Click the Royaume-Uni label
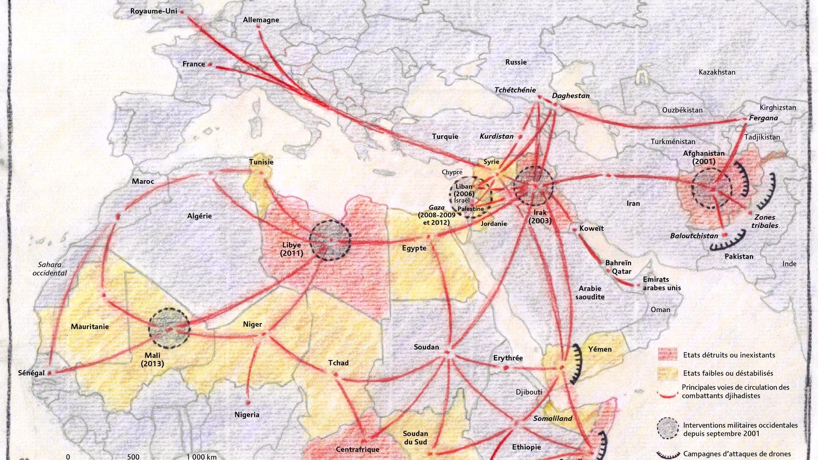tap(153, 11)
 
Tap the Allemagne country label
tap(261, 20)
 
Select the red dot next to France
tap(210, 64)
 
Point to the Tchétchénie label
tap(515, 90)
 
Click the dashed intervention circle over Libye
tap(330, 240)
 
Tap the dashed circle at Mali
tap(169, 328)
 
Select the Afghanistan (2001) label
tap(703, 157)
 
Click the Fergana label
tap(763, 118)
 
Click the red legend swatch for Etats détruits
tap(667, 355)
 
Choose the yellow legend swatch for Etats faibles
tap(667, 373)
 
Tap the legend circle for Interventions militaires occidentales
tap(668, 428)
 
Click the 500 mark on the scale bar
tap(133, 456)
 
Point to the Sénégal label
tap(31, 373)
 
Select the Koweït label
tap(592, 228)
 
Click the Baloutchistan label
tap(694, 236)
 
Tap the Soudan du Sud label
tap(415, 438)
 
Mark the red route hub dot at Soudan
tap(447, 352)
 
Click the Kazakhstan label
tap(717, 72)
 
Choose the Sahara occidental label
tap(50, 269)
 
